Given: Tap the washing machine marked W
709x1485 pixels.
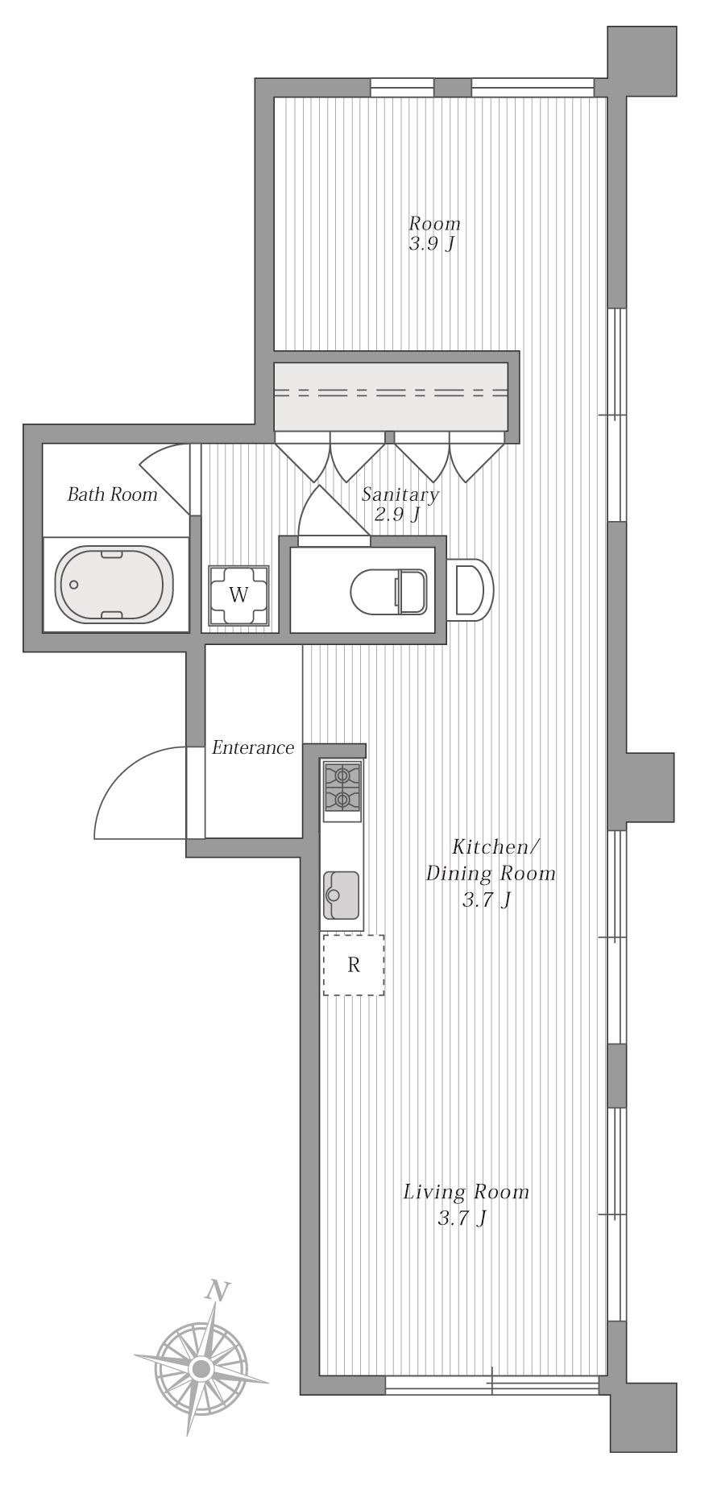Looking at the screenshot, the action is point(238,595).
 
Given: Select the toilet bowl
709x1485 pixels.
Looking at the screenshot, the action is point(389,592).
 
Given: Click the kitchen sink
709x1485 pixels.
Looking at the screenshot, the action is point(342,896).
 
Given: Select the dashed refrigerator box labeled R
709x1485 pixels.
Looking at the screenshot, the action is point(354,965).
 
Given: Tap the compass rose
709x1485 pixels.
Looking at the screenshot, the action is point(201,1367).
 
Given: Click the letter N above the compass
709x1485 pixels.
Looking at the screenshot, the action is point(215,1291).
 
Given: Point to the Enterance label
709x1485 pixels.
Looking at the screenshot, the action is point(253,748).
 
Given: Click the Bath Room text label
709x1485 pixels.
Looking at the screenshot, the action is point(112,494).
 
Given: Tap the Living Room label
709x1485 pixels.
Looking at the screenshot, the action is point(466,1191).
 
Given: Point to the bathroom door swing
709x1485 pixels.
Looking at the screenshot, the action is point(166,479).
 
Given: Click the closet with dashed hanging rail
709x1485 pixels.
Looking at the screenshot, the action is point(391,396).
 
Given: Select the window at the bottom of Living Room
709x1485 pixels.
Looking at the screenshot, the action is point(492,1385).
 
